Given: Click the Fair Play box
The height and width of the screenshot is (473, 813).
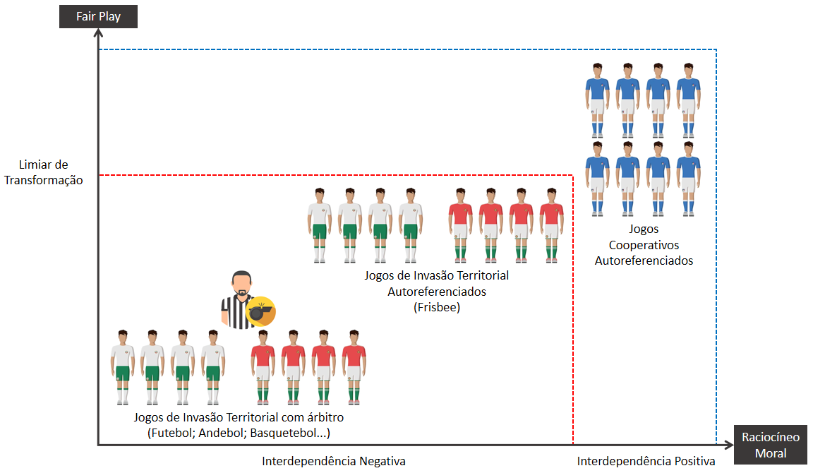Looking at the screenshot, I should pos(98,16).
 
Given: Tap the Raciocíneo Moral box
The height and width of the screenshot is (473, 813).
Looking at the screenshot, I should pos(771,445).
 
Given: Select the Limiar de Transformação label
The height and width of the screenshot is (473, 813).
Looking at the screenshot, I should pos(44,172).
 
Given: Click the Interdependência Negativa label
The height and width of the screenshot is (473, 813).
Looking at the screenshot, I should pos(334,462).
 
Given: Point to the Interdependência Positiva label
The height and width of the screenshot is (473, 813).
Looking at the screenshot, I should pos(646,462).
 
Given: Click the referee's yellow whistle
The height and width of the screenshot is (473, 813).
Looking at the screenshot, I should pos(259,311).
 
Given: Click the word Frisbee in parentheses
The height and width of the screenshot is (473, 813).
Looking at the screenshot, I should pos(436,307).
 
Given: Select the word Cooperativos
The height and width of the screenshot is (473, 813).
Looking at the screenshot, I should pos(644,245).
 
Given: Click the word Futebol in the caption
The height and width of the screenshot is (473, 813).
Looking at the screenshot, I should pos(171,433).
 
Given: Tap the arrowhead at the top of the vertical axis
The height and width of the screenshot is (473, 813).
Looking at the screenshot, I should pos(98,33).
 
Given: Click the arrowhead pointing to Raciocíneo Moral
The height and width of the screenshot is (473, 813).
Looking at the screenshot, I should pos(728,445).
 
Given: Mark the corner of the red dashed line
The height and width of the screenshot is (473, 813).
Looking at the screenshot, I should pos(572,174).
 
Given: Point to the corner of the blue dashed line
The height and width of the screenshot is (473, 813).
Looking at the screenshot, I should pos(716,50).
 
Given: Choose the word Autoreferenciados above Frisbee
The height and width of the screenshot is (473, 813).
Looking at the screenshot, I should pos(436,291).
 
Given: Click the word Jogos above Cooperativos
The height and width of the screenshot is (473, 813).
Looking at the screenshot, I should pos(644,229).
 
